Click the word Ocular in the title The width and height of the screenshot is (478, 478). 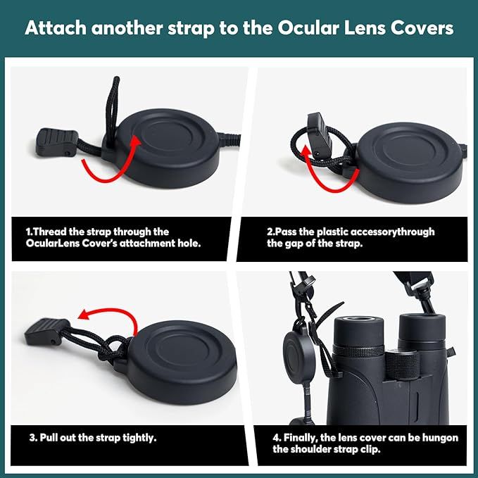click(x=308, y=27)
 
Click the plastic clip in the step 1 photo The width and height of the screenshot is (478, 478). click(x=57, y=143)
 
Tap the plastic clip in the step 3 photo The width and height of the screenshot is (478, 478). click(x=46, y=332)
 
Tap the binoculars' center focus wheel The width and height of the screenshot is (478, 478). click(x=402, y=365)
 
